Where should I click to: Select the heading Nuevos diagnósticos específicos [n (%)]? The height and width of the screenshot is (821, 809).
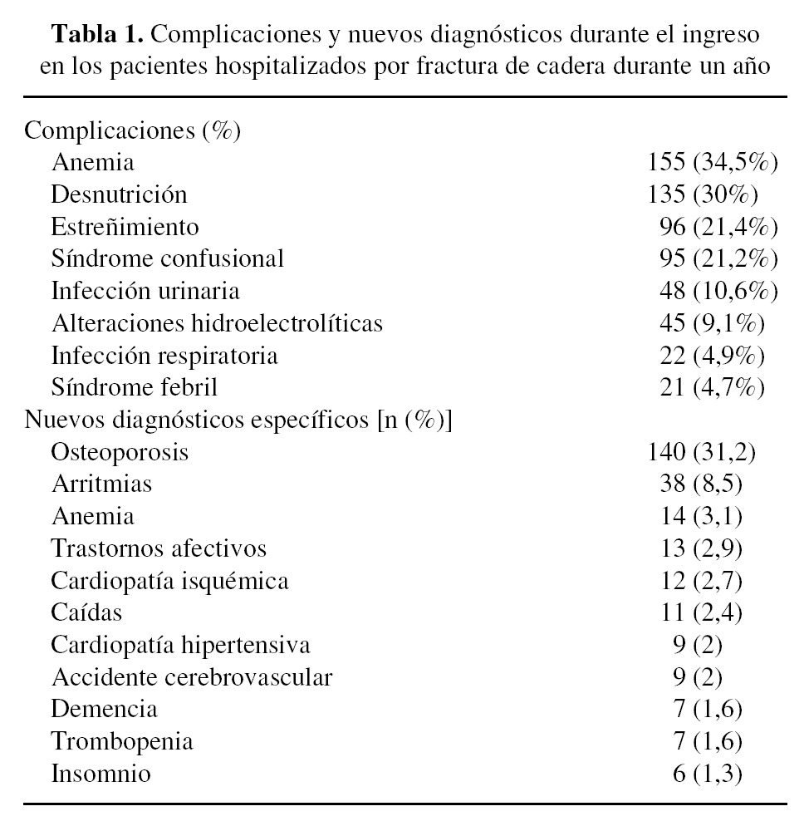click(x=238, y=420)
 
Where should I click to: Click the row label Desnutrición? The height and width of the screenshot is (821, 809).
click(x=119, y=194)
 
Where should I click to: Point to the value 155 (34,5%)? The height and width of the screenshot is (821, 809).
click(x=712, y=162)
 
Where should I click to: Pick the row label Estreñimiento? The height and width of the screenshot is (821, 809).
click(x=125, y=227)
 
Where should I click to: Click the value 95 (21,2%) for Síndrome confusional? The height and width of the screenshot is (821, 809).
click(x=718, y=258)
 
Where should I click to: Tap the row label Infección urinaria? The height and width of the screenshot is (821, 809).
click(x=145, y=291)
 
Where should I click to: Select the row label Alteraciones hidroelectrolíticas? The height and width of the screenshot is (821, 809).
click(x=217, y=323)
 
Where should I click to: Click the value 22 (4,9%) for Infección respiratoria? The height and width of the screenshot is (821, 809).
click(x=711, y=356)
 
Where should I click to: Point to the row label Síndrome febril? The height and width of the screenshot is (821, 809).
click(x=135, y=387)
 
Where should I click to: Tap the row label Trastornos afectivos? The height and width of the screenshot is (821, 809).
click(x=159, y=549)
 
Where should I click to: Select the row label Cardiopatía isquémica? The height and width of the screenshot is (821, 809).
click(x=169, y=581)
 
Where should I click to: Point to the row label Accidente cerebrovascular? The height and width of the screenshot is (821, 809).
click(x=191, y=678)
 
